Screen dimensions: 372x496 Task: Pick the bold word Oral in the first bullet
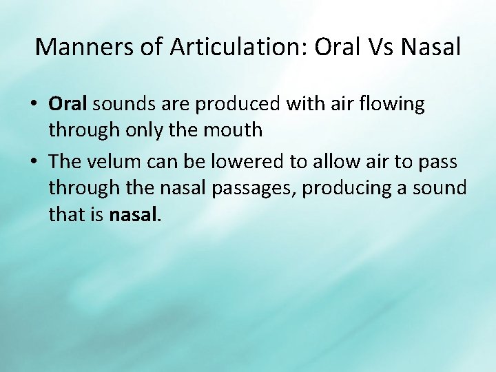tap(68, 104)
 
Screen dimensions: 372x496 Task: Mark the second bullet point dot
tap(33, 162)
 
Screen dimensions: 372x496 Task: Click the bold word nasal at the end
tap(134, 215)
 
